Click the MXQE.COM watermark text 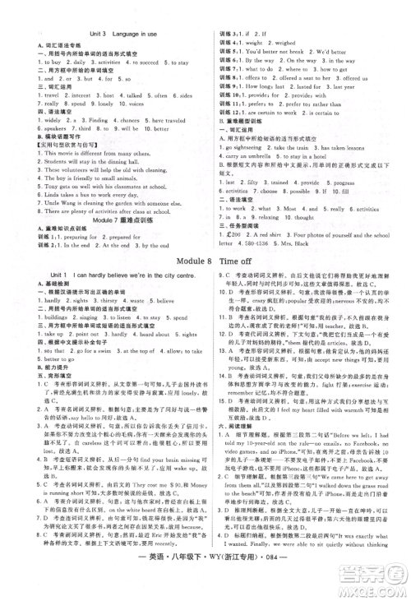[x=377, y=585]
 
